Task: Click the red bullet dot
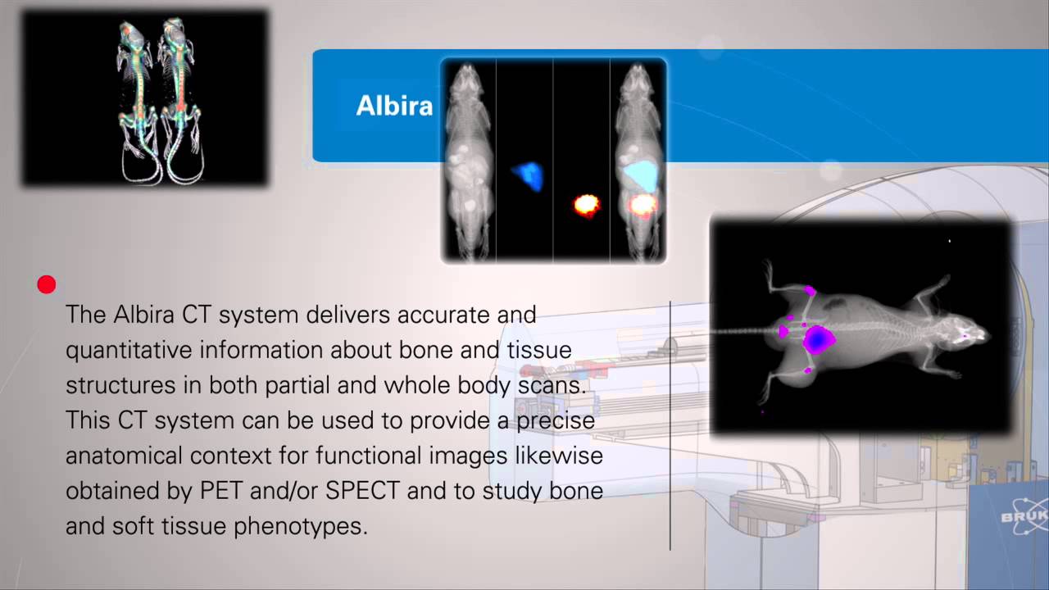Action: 47,284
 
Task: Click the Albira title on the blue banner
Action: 394,106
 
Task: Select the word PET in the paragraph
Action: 219,490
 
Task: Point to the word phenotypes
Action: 300,525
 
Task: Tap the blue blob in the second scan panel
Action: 528,175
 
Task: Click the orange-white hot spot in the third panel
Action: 586,204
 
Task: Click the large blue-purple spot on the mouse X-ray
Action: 817,338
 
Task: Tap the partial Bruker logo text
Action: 1024,517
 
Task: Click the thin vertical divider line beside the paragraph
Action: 670,426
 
